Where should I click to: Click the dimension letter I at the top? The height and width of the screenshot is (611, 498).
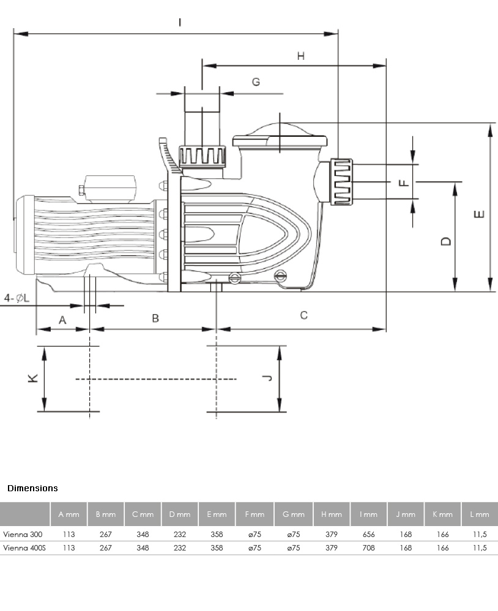(179, 23)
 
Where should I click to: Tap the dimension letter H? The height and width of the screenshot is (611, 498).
(300, 56)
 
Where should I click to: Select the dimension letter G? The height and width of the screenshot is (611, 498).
(256, 82)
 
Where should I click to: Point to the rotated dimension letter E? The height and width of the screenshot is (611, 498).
(479, 214)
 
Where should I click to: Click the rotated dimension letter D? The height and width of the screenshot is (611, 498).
(446, 241)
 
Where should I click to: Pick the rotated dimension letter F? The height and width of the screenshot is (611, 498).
(404, 183)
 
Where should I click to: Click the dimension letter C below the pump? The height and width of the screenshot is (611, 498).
(303, 315)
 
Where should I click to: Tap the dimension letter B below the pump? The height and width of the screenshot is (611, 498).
(155, 318)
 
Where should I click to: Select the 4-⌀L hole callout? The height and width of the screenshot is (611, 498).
(17, 298)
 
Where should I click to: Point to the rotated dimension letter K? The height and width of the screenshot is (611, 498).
(33, 378)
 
